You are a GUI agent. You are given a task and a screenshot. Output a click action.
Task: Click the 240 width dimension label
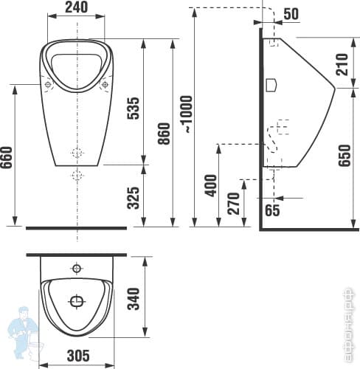tap(75, 7)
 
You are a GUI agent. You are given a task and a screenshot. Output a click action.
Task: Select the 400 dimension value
tap(210, 184)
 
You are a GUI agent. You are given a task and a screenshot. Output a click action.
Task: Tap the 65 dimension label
tap(271, 211)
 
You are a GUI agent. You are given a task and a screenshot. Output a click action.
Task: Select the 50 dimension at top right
tap(291, 13)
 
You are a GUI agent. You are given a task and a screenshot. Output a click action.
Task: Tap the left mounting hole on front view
tap(49, 85)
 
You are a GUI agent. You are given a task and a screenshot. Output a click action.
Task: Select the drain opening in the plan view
tap(77, 301)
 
